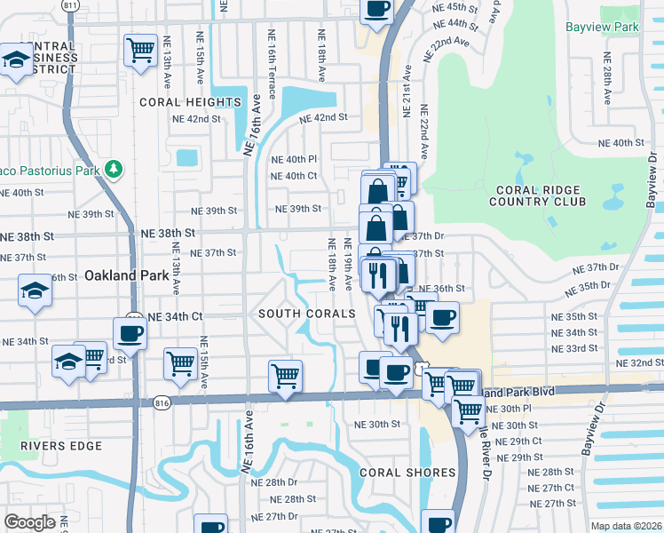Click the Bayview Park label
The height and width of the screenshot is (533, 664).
click(x=601, y=28)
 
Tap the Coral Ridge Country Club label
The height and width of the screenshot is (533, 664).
click(x=538, y=195)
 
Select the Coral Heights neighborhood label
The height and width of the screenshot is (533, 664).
click(x=190, y=102)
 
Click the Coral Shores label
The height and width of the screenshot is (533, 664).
click(x=394, y=473)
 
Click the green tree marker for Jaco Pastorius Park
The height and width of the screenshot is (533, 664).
click(x=113, y=168)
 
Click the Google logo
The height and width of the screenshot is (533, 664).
click(x=29, y=522)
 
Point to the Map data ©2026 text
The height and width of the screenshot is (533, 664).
click(x=626, y=526)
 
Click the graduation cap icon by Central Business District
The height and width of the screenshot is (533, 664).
click(x=15, y=60)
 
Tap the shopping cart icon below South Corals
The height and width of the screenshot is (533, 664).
click(x=285, y=375)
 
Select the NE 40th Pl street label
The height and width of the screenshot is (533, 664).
click(x=293, y=159)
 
